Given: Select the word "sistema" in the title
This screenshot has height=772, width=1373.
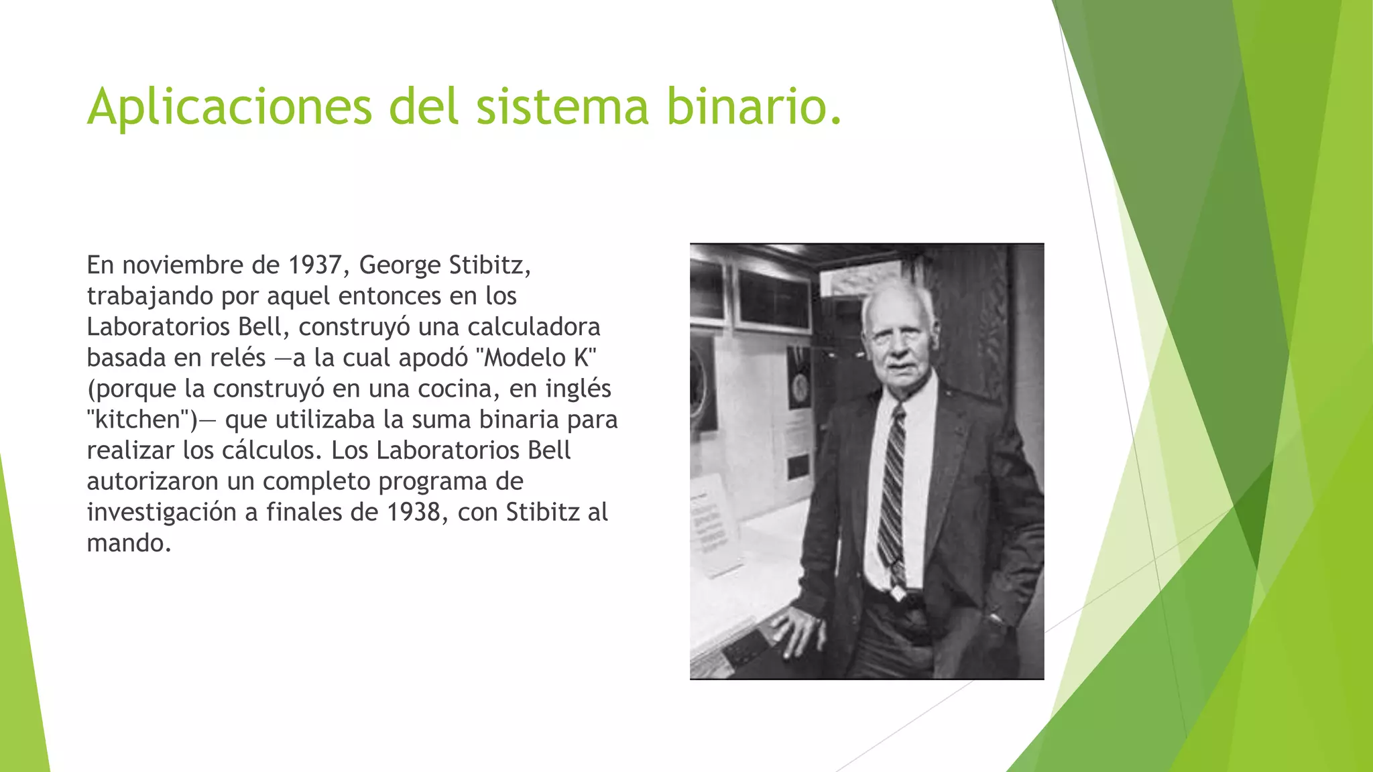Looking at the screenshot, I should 562,106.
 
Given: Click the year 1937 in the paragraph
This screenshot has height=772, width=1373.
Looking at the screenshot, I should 315,265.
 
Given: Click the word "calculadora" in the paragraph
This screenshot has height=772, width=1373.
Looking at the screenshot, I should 534,327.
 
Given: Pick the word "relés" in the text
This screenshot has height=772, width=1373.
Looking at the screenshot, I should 237,358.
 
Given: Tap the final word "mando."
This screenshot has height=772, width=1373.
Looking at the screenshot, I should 129,543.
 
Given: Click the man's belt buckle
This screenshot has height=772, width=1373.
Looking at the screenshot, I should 896,593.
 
